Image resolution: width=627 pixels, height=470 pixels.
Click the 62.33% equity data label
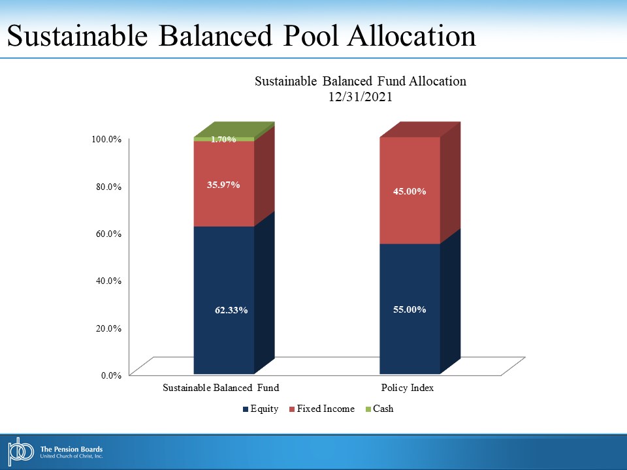(231, 310)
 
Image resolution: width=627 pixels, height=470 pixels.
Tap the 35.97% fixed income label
(223, 185)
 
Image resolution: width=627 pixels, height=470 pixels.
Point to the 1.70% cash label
(223, 139)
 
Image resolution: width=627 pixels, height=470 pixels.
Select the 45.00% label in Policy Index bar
(410, 191)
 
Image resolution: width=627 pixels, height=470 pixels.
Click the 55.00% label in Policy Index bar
(410, 309)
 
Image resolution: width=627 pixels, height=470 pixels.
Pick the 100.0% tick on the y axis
(106, 139)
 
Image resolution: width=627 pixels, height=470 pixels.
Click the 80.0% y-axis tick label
(108, 187)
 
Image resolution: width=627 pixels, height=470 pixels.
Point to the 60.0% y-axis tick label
(108, 234)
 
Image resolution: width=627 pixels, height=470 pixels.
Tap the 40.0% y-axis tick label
(108, 281)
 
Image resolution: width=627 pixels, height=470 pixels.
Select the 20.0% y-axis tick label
(108, 328)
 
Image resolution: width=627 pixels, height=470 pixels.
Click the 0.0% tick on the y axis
(111, 375)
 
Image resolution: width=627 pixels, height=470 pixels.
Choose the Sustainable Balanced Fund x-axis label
(221, 388)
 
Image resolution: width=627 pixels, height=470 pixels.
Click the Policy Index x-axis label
(408, 388)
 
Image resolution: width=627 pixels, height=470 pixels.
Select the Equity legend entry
(261, 409)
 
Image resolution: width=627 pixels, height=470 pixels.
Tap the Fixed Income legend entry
(322, 409)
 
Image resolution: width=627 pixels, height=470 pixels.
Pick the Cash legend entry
(379, 409)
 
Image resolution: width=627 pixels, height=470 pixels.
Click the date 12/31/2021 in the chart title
(361, 97)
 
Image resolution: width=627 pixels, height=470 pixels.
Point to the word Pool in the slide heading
(312, 35)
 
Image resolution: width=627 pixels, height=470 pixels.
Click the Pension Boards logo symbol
(20, 452)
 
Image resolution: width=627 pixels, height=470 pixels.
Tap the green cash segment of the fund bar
(224, 139)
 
